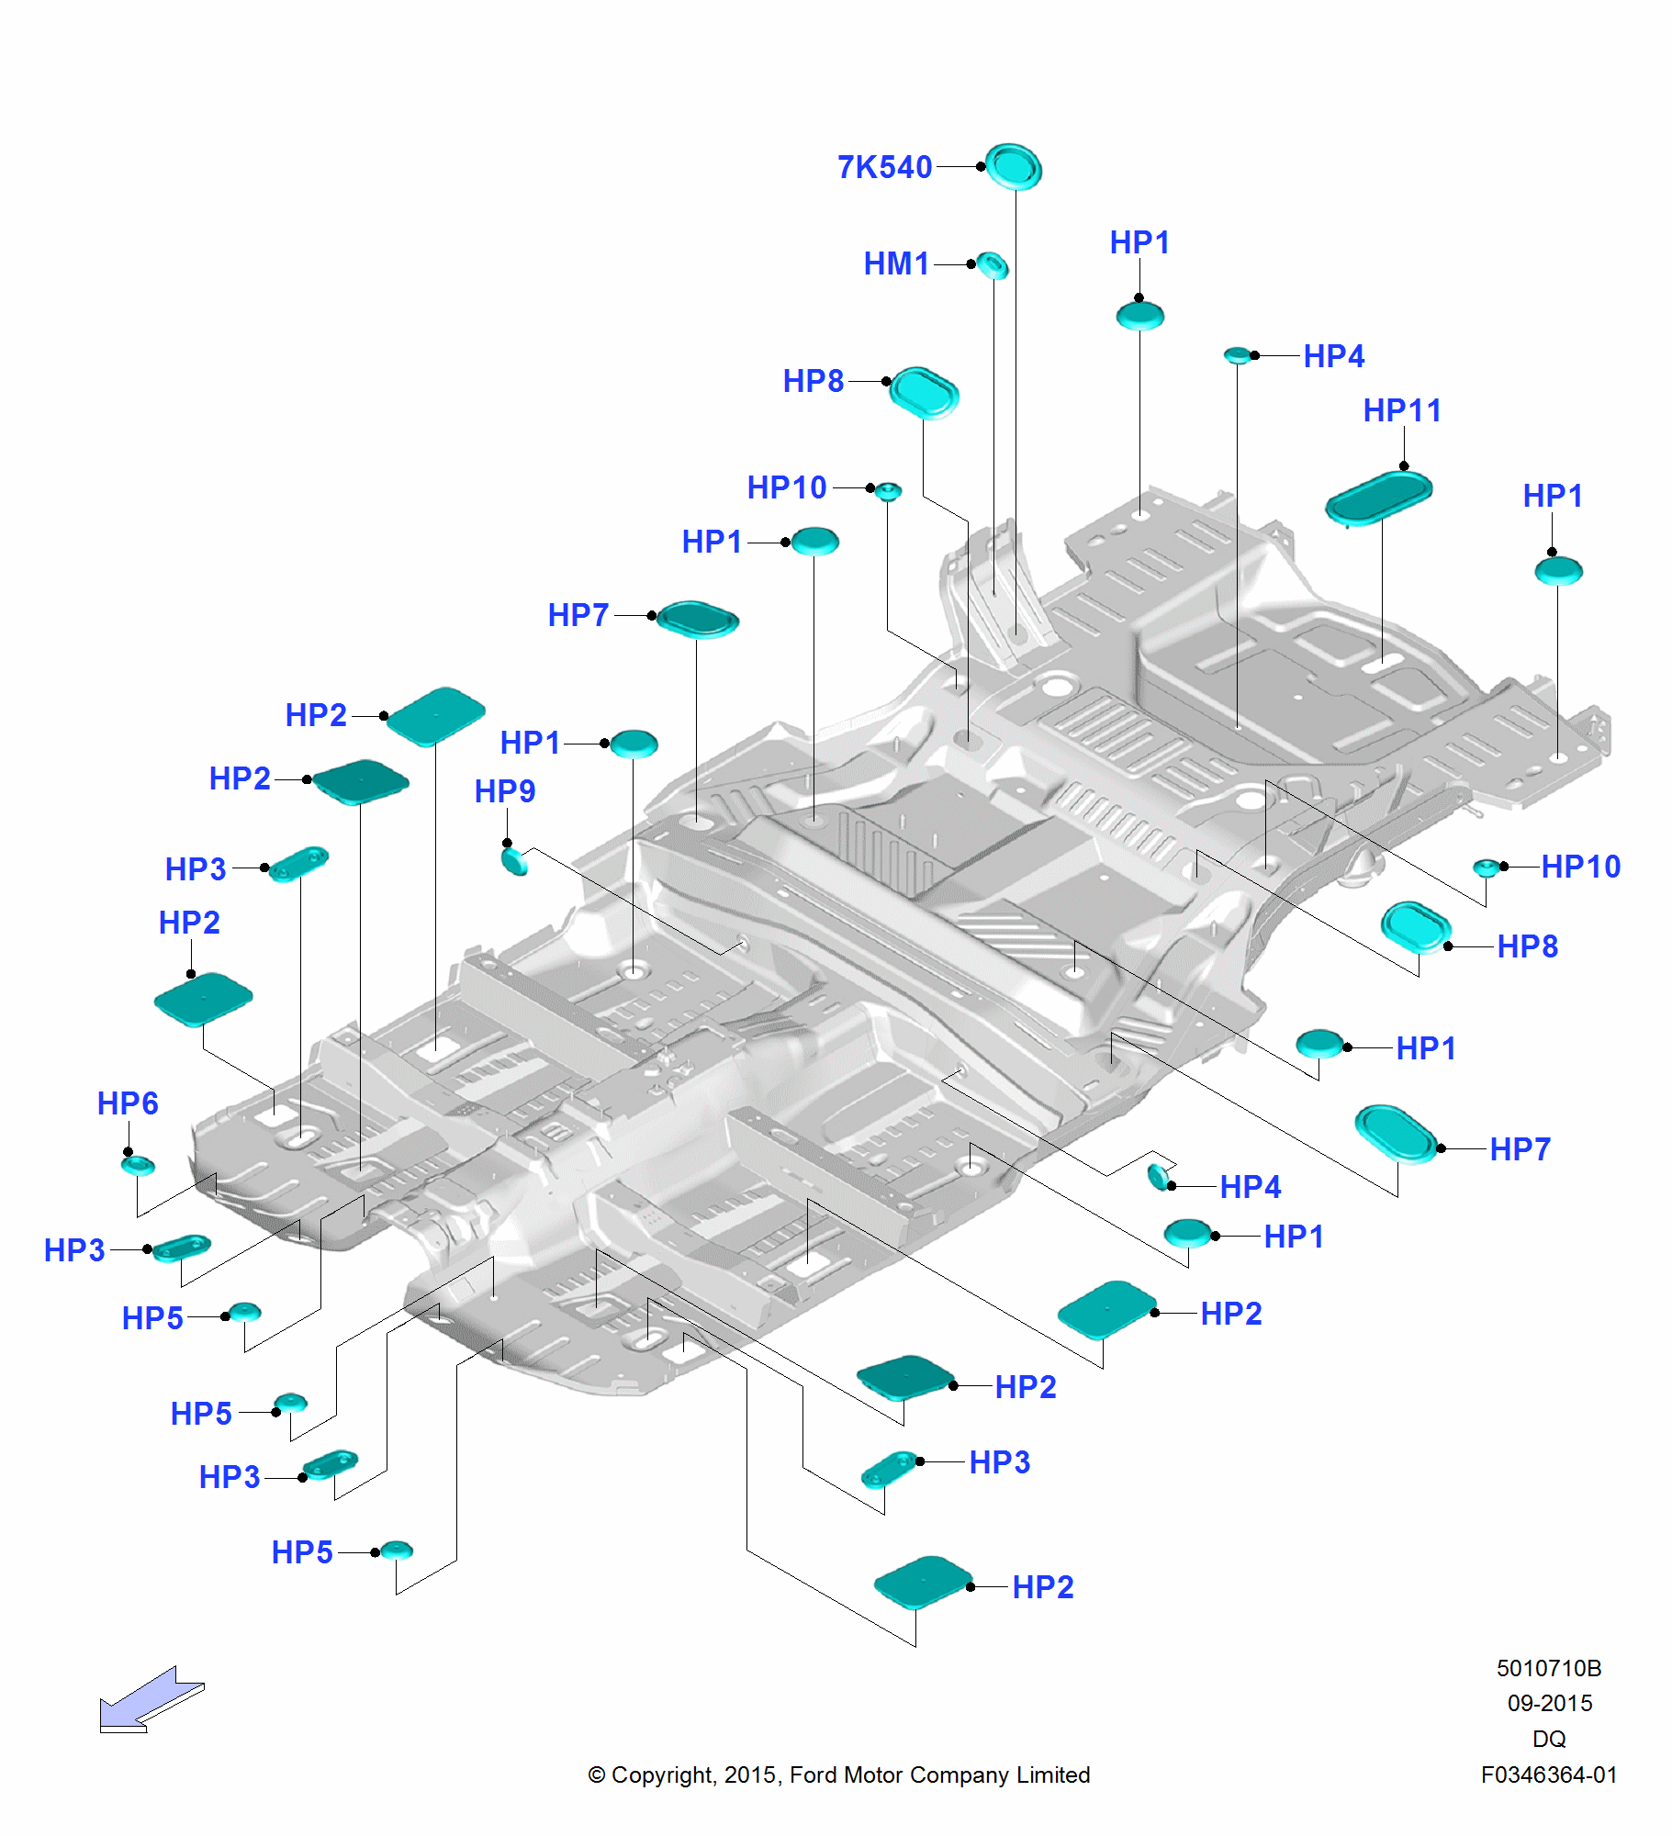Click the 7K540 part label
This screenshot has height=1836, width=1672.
883,167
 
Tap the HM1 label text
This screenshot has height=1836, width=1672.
896,264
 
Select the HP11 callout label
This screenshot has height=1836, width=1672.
1401,410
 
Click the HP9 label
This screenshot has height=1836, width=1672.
504,791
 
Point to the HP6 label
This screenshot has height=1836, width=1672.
128,1103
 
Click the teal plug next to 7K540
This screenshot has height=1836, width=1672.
1014,167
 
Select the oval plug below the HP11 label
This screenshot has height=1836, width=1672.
1378,497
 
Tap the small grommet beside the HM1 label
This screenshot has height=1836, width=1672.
992,266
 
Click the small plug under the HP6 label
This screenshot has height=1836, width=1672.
138,1166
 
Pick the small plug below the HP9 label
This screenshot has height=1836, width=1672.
514,861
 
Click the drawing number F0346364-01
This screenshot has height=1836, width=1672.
1548,1775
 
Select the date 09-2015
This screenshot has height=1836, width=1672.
1549,1704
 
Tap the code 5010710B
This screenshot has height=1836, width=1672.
1548,1668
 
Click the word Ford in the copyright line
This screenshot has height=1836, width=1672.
814,1775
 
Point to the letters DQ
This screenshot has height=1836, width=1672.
1549,1739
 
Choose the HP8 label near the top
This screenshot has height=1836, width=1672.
813,381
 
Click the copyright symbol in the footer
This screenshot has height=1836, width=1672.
597,1775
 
